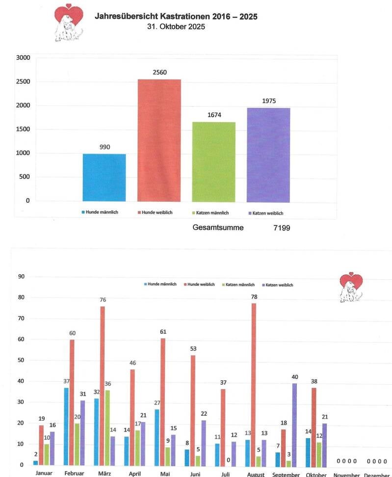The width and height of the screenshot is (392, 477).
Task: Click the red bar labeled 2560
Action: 159,140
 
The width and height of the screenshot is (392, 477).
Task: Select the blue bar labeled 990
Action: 104,178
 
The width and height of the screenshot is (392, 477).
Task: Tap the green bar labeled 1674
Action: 213,162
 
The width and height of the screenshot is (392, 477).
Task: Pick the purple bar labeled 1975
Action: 268,155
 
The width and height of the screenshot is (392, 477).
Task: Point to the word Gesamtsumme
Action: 218,228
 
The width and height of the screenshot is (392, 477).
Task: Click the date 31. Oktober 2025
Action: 176,26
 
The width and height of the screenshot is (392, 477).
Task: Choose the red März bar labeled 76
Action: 103,386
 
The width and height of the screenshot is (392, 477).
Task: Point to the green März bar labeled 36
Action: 108,427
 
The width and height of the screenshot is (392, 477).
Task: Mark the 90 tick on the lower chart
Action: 21,276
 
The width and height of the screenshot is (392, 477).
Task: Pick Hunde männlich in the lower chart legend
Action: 160,284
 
